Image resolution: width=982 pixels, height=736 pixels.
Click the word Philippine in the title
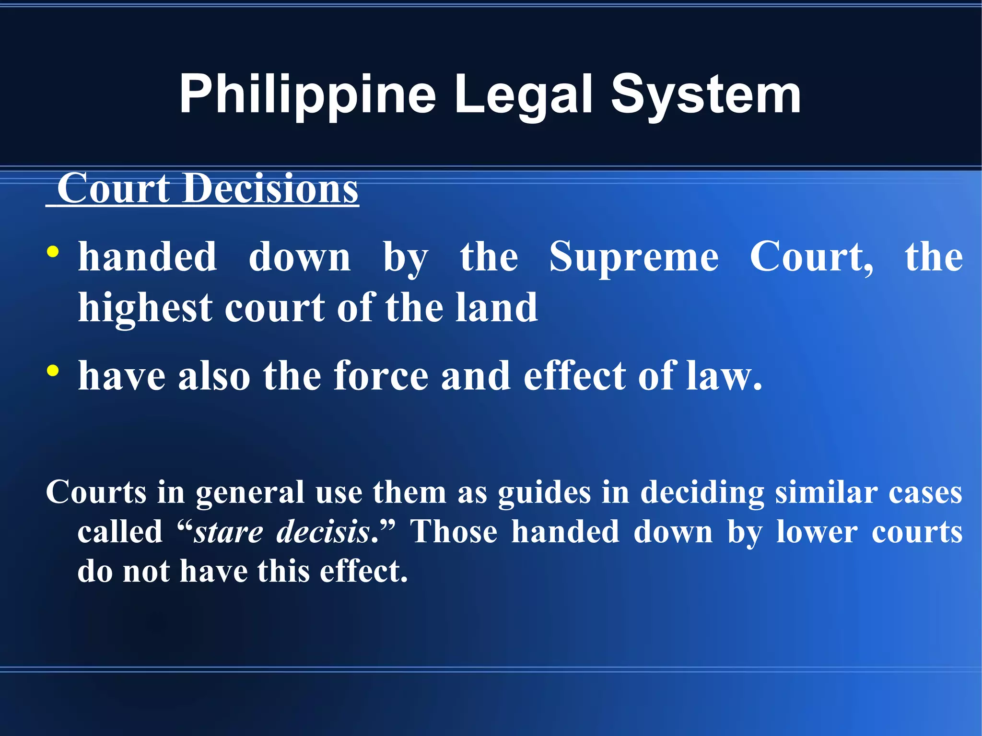[x=307, y=95]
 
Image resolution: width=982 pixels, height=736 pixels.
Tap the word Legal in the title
[x=524, y=95]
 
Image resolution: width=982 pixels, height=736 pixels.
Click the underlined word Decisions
[x=270, y=188]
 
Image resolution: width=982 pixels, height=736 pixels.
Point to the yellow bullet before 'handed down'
[x=53, y=252]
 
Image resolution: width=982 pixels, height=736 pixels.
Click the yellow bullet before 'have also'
[x=53, y=371]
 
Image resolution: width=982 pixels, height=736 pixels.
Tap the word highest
[x=145, y=308]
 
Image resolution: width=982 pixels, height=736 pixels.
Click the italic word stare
[x=228, y=532]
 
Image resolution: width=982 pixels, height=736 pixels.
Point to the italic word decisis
[x=323, y=532]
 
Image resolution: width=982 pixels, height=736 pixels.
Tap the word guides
[x=544, y=493]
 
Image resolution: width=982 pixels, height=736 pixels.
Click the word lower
[x=817, y=532]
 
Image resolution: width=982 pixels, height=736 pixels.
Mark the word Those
[x=454, y=532]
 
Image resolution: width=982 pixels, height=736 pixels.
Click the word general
[x=249, y=493]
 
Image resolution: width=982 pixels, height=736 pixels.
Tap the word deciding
[x=702, y=493]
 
